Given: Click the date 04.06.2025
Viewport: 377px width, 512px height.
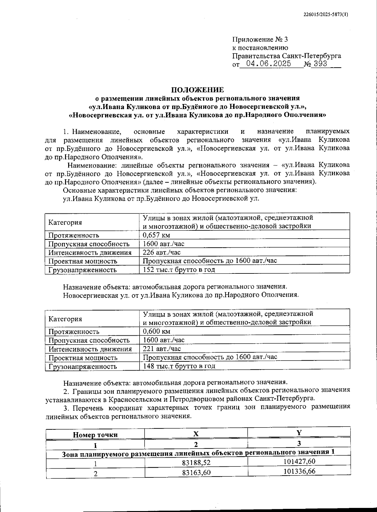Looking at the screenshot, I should coord(268,64).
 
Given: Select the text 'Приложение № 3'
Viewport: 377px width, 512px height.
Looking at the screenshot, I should coord(260,40).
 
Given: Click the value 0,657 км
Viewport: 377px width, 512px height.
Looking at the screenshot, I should coord(156,235).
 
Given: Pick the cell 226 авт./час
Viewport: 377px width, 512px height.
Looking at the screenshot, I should coord(161,252).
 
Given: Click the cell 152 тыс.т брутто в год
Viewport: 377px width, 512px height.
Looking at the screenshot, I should coord(179,269).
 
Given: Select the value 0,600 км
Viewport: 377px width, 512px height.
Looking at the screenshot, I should coord(156,331).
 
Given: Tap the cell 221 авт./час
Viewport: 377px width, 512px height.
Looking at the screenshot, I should coord(161,348).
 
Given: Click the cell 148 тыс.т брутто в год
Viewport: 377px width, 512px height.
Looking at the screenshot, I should coord(179,366).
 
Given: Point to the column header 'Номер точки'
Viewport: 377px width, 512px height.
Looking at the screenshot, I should coord(95,435).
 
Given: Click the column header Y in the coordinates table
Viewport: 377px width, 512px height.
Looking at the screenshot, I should coord(299,432).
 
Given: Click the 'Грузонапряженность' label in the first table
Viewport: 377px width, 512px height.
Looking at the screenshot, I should coord(82,270).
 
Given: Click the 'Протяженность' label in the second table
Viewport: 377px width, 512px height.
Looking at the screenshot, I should coord(74,332).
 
